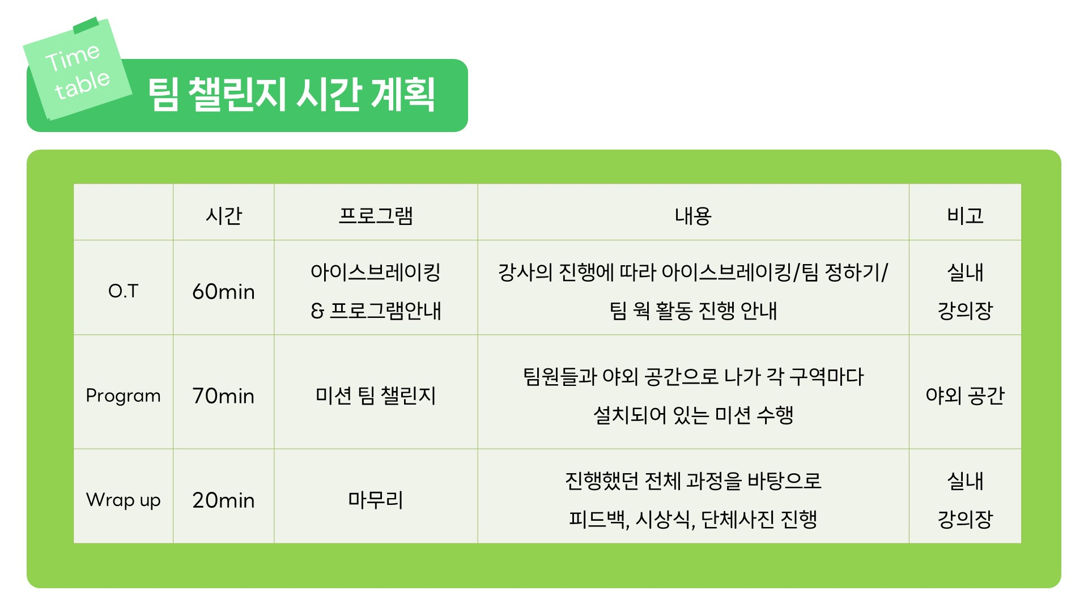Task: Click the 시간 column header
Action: point(224,216)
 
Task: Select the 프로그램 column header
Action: point(376,216)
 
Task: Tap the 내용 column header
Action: point(693,216)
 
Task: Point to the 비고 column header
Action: point(965,216)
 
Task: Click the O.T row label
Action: point(124,291)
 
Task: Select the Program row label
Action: point(124,396)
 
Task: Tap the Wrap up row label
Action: point(124,500)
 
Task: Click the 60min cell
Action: point(224,292)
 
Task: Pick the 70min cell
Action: point(224,396)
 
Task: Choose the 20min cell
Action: point(224,500)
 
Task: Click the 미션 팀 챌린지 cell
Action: point(376,396)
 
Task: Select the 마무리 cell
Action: point(376,500)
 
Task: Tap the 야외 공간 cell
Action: point(965,396)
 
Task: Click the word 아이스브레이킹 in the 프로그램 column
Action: point(376,273)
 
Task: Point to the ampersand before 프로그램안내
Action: point(317,311)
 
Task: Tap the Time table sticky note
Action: point(78,69)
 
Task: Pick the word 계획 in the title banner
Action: point(403,95)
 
